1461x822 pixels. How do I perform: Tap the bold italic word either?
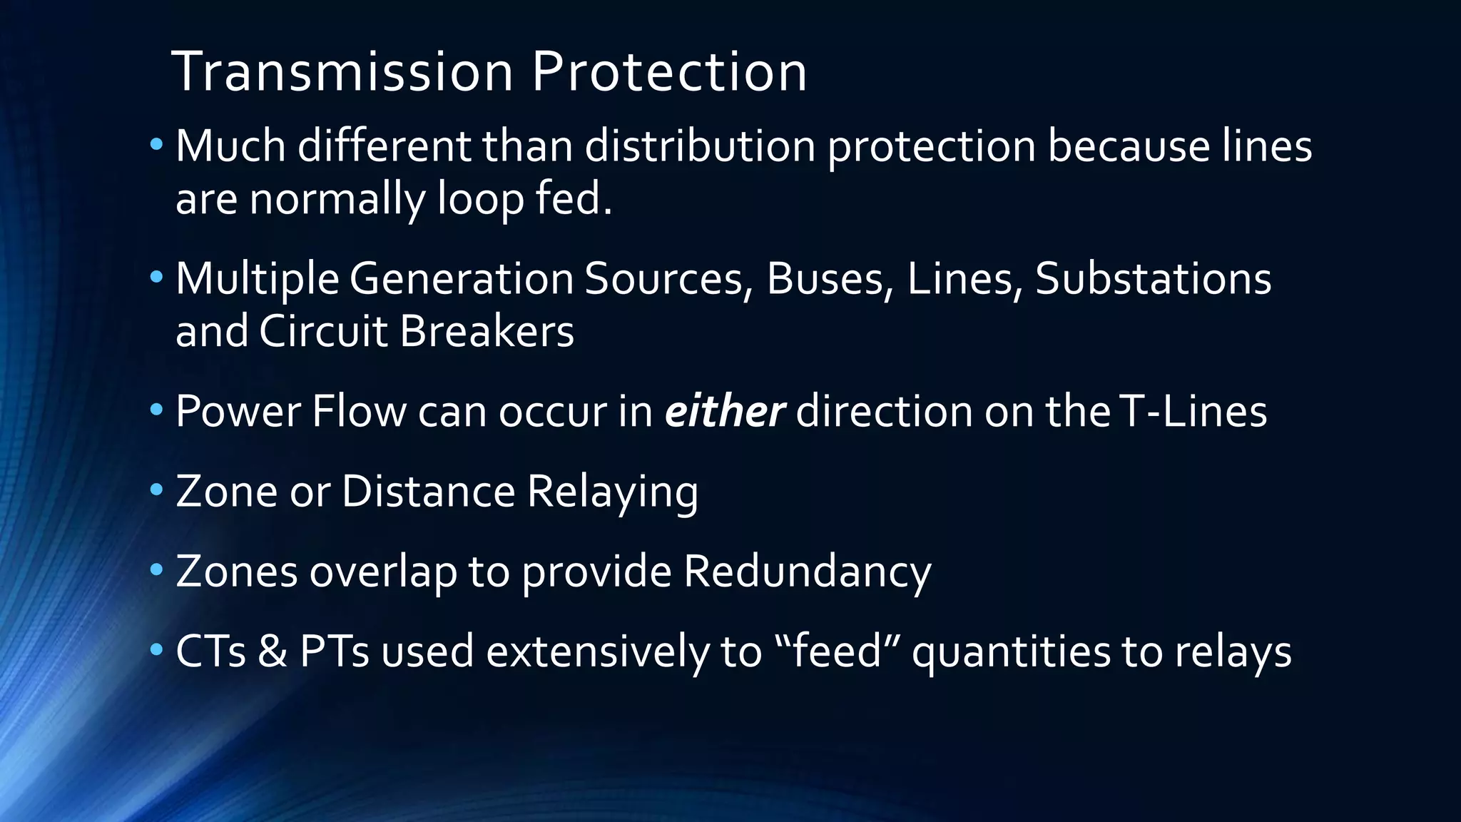coord(724,412)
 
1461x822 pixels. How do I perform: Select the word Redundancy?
coord(807,572)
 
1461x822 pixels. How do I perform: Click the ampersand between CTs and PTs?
coord(273,651)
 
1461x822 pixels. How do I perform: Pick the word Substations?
coord(1153,278)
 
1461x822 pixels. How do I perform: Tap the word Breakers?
coord(487,332)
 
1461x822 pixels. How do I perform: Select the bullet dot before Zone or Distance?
coord(156,490)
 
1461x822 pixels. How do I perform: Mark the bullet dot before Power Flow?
coord(156,410)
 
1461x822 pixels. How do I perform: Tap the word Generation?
coord(461,278)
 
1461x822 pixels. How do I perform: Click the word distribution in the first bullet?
coord(700,146)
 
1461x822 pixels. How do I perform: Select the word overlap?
coord(382,572)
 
